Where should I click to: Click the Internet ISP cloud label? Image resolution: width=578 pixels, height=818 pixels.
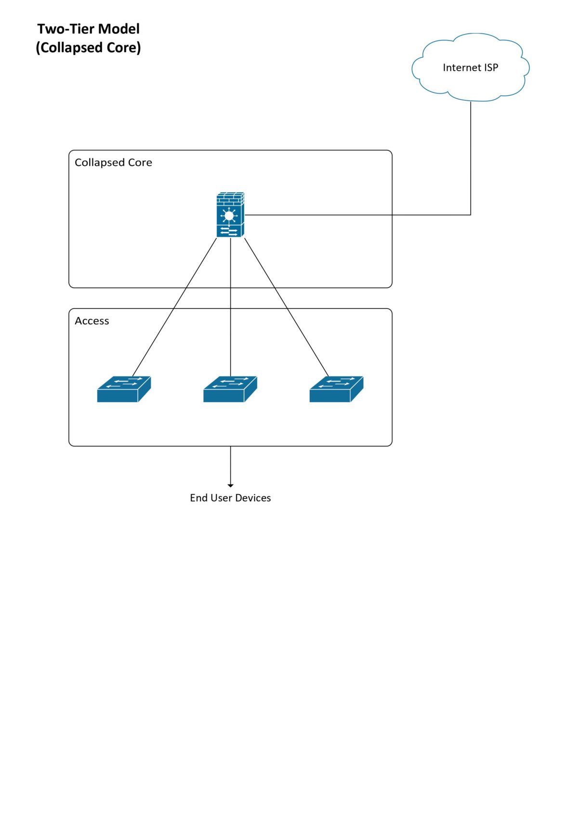tap(470, 67)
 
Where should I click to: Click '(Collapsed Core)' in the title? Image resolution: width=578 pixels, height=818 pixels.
tap(88, 48)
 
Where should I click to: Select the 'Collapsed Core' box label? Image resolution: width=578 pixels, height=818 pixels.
tap(113, 162)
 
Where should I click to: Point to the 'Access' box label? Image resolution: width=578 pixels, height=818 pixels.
tap(92, 321)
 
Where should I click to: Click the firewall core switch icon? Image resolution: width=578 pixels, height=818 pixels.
tap(230, 215)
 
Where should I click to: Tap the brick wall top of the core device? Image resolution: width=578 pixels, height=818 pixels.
tap(230, 198)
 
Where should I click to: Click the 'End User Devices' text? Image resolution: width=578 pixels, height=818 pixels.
tap(230, 498)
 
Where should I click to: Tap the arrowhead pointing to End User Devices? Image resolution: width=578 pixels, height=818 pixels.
tap(230, 485)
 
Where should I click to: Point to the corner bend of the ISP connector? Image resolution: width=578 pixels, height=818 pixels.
tap(470, 215)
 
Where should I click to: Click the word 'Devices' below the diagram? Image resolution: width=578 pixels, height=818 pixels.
tap(253, 498)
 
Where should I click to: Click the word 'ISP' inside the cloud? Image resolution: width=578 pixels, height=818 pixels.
tap(491, 67)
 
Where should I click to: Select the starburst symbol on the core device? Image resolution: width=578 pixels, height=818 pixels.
tap(229, 215)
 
